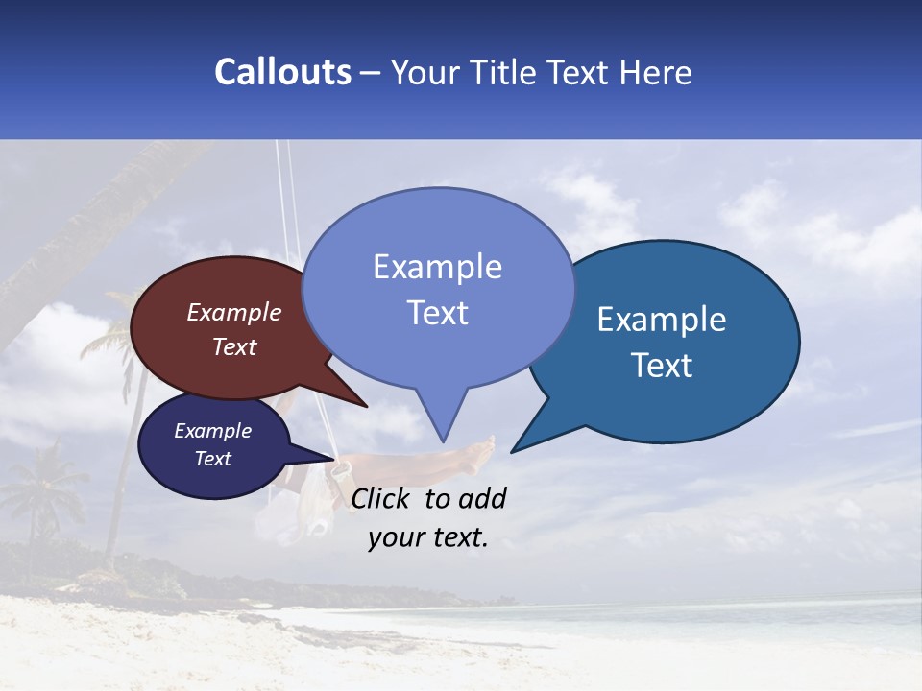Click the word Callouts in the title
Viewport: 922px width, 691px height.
(282, 72)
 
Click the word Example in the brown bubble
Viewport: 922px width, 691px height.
(234, 312)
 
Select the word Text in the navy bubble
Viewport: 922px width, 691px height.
(213, 459)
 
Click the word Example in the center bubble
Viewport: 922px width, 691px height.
(438, 266)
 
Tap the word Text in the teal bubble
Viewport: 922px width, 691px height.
(663, 366)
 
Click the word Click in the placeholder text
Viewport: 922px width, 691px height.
(382, 498)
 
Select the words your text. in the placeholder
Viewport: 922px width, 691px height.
(428, 537)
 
